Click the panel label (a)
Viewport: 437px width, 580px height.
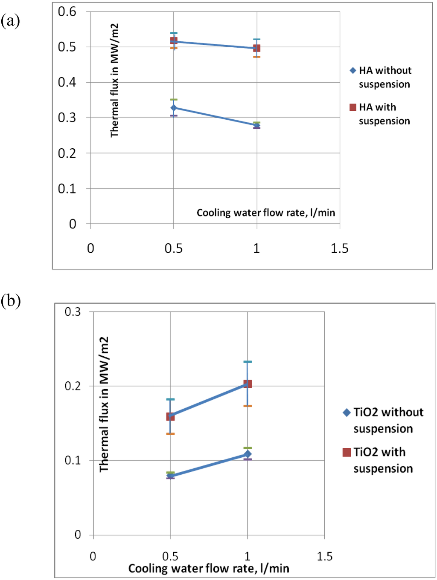[10, 20]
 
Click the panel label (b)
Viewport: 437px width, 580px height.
[11, 301]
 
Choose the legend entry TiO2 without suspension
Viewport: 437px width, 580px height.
[383, 420]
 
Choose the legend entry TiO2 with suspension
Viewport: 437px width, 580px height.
[378, 460]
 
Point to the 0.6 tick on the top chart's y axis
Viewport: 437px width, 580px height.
[67, 12]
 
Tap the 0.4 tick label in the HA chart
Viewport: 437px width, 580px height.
[67, 82]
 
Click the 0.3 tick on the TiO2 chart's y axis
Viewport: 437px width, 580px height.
[73, 312]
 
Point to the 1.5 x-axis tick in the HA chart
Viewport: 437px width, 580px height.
[339, 248]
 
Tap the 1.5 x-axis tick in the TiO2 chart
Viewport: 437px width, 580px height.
[324, 556]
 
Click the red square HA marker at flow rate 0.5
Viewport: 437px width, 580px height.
[174, 41]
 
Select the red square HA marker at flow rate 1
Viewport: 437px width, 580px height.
[256, 48]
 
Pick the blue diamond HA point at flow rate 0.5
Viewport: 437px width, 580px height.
[174, 108]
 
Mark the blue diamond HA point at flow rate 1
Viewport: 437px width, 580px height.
[256, 125]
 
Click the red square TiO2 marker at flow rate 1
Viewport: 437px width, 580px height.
[248, 384]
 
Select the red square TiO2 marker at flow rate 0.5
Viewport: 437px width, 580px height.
[170, 416]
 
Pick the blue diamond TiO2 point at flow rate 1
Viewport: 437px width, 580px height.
[248, 454]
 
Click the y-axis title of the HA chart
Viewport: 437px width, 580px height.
[114, 81]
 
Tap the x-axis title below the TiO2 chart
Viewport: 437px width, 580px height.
[209, 568]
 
